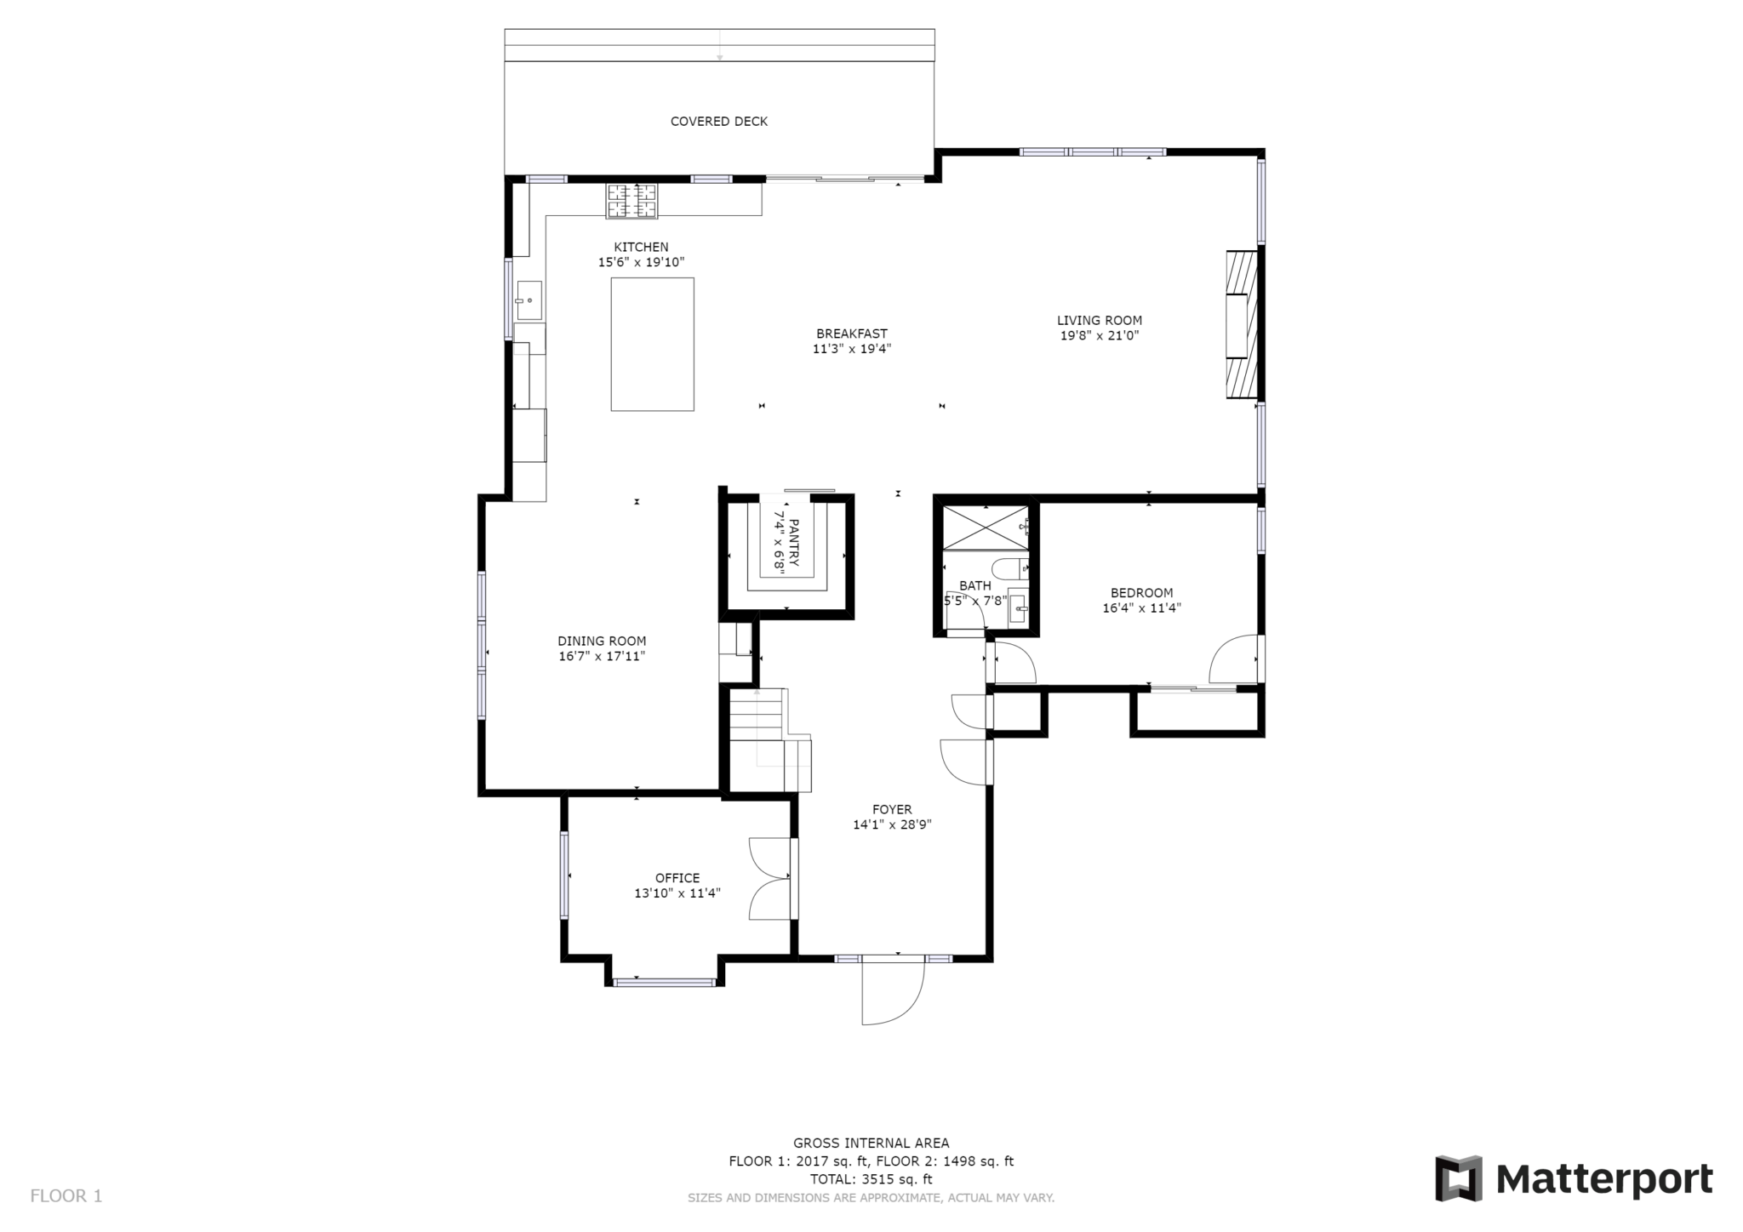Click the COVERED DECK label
718,122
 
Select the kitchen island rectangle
652,345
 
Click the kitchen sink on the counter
529,300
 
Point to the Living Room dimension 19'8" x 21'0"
1099,336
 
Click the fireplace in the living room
1242,324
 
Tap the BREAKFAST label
851,334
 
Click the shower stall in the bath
985,528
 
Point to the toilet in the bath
1013,568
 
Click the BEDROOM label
1141,593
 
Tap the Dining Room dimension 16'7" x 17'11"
602,656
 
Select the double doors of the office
769,879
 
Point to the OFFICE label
677,878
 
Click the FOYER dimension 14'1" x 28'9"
892,824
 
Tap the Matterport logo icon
1459,1178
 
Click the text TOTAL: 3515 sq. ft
871,1179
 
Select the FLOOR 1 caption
66,1195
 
